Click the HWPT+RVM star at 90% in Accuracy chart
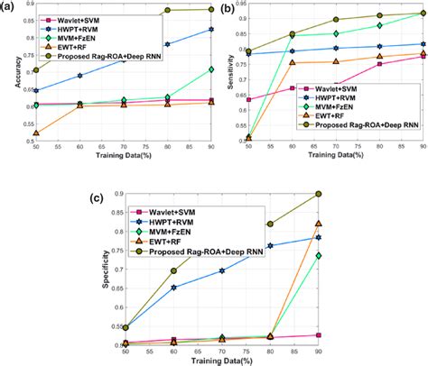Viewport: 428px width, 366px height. (x=211, y=30)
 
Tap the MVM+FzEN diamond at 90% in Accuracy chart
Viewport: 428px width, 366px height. (x=211, y=69)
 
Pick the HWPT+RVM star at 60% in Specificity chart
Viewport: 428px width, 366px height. (x=174, y=288)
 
